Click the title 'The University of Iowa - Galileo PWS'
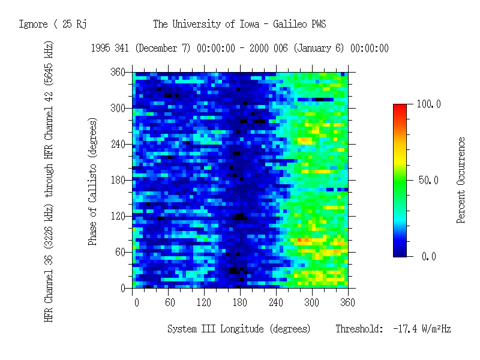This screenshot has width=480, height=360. pyautogui.click(x=239, y=25)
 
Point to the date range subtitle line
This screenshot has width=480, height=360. pyautogui.click(x=239, y=49)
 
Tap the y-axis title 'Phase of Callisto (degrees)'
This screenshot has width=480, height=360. pyautogui.click(x=93, y=181)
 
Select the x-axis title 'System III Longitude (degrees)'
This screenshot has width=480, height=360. pyautogui.click(x=239, y=329)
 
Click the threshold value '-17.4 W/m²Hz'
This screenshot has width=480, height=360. pyautogui.click(x=421, y=329)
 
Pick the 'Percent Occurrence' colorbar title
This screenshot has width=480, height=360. pyautogui.click(x=461, y=180)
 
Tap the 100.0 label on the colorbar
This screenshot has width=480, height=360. pyautogui.click(x=428, y=104)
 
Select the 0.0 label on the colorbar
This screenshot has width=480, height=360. pyautogui.click(x=428, y=257)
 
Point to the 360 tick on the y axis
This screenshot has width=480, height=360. pyautogui.click(x=118, y=72)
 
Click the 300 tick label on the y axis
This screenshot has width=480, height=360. pyautogui.click(x=118, y=108)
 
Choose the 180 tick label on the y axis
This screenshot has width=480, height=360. pyautogui.click(x=118, y=180)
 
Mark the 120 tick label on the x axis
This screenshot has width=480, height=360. pyautogui.click(x=205, y=302)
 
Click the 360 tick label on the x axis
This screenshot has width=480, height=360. pyautogui.click(x=347, y=302)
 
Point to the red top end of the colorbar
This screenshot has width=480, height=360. pyautogui.click(x=400, y=107)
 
